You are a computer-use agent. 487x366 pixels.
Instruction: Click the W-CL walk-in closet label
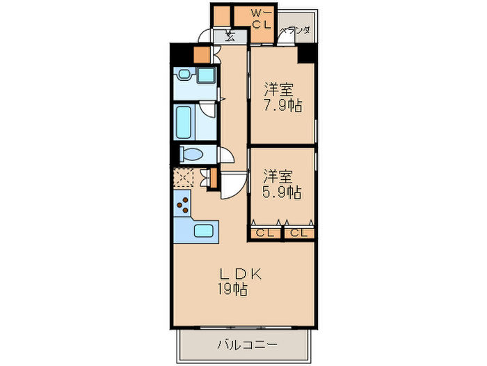261,18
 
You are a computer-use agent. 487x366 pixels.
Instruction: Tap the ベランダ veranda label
295,31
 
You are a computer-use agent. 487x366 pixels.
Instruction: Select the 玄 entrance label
229,37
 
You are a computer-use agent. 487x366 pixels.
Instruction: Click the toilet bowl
192,154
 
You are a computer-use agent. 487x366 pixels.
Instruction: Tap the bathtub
187,122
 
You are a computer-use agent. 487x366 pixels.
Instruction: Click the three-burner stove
183,204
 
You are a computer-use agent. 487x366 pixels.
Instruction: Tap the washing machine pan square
207,76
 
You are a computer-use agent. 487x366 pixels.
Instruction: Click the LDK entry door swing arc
233,185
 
